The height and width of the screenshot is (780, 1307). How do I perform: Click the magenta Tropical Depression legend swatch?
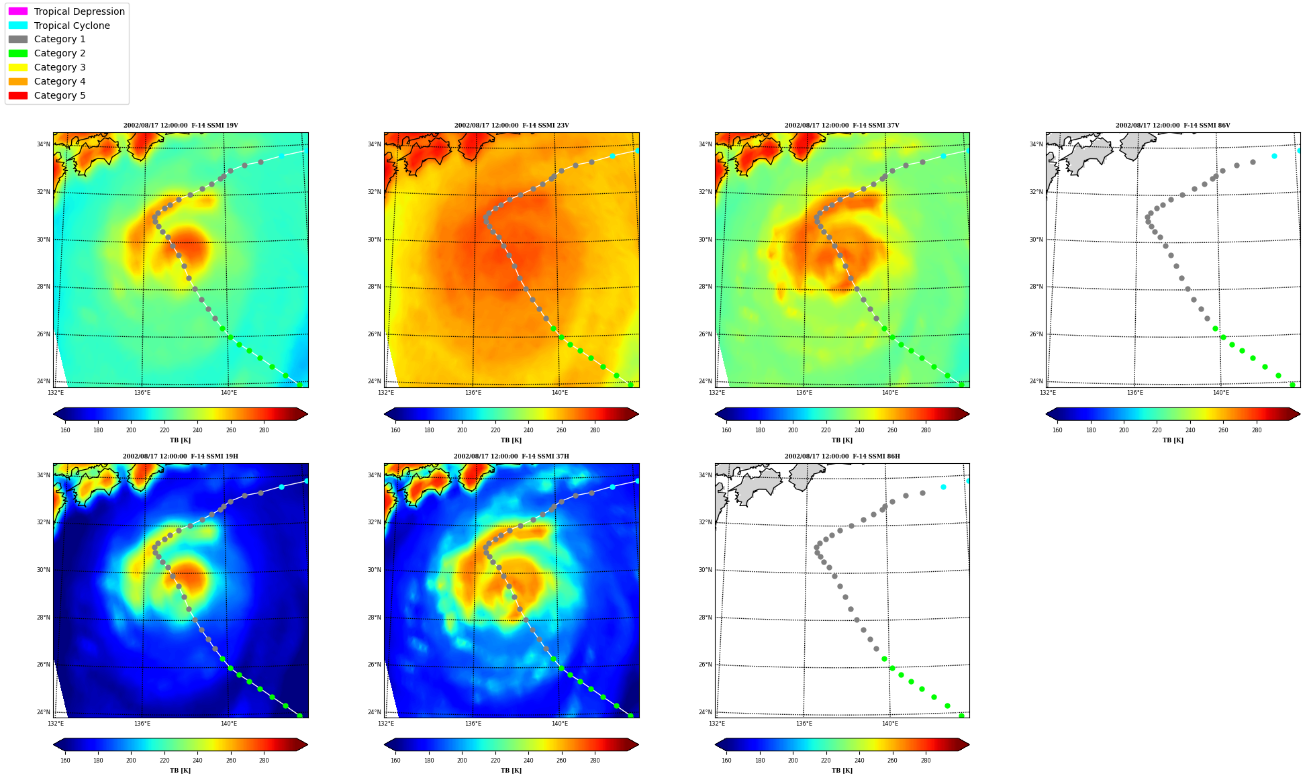[x=18, y=11]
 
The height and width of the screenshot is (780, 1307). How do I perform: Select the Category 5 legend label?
[x=60, y=95]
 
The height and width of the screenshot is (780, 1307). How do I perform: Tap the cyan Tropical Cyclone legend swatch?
[x=18, y=26]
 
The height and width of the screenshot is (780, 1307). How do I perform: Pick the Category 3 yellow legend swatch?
[x=18, y=67]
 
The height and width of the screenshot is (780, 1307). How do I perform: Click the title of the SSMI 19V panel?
[x=181, y=126]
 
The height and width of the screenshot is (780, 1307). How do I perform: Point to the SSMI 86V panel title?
[x=1173, y=126]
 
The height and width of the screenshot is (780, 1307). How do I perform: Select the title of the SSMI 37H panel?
[x=511, y=456]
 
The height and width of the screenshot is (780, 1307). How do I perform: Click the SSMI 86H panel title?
[x=842, y=456]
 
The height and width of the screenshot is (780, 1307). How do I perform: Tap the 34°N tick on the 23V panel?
[x=373, y=144]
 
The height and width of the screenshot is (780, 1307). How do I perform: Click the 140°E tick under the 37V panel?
[x=890, y=393]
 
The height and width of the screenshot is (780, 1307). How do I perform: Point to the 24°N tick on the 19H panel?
[x=43, y=712]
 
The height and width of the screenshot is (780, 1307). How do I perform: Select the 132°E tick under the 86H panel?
[x=717, y=724]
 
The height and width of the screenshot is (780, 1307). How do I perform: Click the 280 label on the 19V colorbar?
[x=264, y=430]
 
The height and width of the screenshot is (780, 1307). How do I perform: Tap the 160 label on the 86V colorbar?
[x=1057, y=430]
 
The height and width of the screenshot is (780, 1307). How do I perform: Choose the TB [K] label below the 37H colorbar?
[x=511, y=771]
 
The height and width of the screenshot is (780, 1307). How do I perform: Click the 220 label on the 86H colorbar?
[x=826, y=761]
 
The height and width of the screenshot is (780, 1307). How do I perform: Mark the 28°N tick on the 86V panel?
[x=1036, y=287]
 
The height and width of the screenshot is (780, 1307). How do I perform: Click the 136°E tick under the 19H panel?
[x=142, y=724]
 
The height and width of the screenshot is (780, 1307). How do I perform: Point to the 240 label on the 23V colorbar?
[x=528, y=430]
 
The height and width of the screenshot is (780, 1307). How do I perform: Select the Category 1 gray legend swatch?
[x=18, y=40]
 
